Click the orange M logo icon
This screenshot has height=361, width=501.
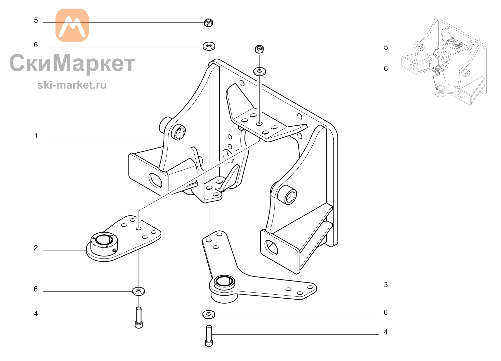[x=72, y=25]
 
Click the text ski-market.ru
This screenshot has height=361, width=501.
[x=72, y=85]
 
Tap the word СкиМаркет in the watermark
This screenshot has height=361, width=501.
[x=72, y=63]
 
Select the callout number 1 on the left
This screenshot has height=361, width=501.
[x=36, y=136]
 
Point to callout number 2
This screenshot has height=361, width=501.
[x=36, y=248]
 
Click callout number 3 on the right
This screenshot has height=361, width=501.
[x=386, y=285]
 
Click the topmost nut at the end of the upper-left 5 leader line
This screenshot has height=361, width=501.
[x=209, y=23]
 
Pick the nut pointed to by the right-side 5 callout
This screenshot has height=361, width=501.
[x=259, y=49]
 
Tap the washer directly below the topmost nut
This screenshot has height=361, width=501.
[x=209, y=46]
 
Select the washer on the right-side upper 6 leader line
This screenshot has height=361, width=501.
[x=260, y=71]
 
